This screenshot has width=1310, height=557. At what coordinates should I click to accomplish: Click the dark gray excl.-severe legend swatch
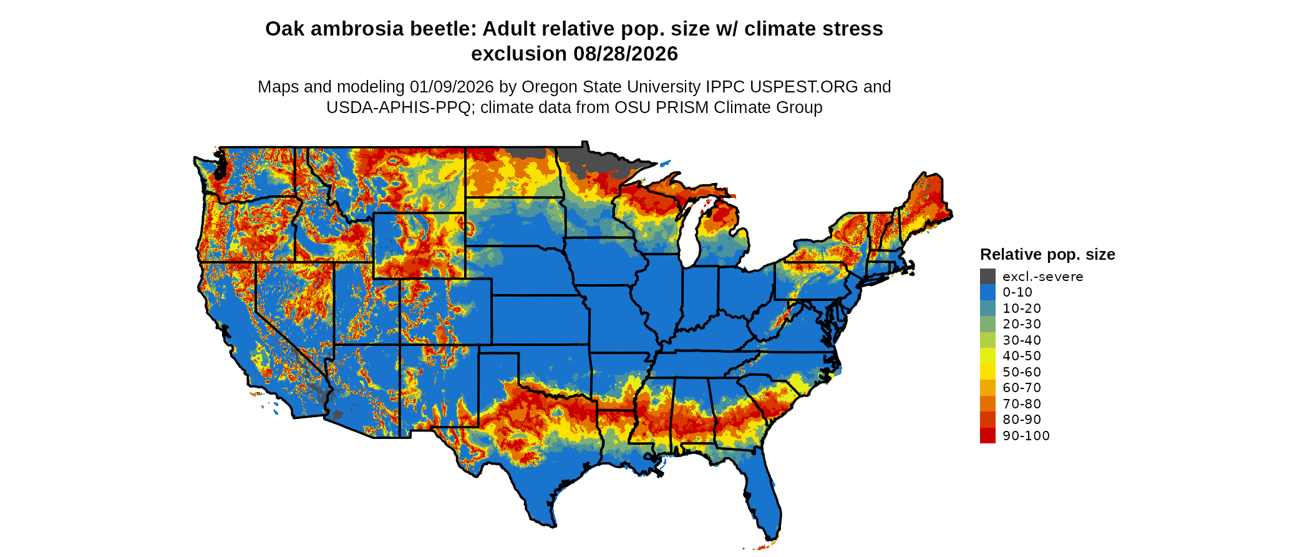point(987,277)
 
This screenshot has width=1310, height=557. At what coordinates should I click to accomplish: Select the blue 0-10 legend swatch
point(987,292)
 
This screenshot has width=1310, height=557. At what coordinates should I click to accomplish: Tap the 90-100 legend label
point(1026,436)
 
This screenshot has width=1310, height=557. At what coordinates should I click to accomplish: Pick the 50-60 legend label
point(1022,372)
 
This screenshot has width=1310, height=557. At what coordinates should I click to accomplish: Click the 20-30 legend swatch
point(987,324)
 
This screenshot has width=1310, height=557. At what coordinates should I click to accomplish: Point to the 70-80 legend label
point(1022,404)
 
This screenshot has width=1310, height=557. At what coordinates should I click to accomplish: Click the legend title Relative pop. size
point(1047,254)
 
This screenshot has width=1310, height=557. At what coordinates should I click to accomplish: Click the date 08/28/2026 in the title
point(625,54)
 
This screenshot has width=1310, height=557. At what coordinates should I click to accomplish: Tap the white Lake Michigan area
point(688,240)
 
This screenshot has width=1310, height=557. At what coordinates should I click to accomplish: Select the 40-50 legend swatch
point(987,356)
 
